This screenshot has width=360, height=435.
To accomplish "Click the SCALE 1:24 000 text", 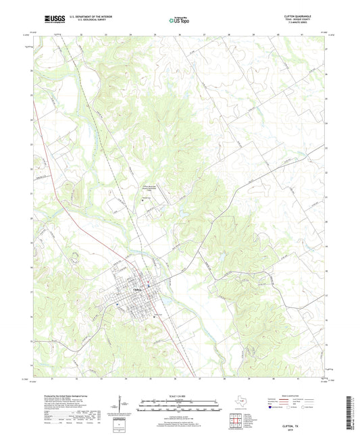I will tap(179, 396).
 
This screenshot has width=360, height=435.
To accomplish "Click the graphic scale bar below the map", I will tap(179, 404).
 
